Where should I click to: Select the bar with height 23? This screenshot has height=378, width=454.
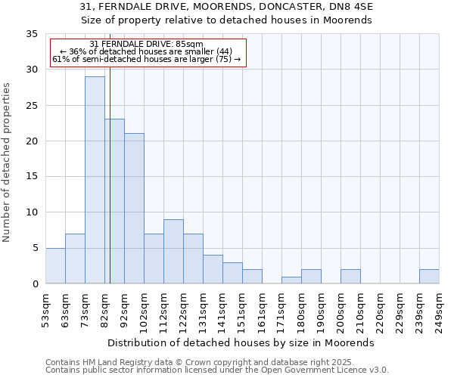point(115,201)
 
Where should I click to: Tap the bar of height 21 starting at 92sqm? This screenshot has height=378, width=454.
point(134,209)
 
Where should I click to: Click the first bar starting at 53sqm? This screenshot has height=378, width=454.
point(55,265)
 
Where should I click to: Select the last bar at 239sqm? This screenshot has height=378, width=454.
point(429,277)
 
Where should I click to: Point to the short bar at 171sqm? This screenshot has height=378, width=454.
point(291,280)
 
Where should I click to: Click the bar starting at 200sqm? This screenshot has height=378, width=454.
point(350,277)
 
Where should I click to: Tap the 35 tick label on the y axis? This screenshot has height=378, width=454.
point(31,34)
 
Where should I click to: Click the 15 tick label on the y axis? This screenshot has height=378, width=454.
point(31,177)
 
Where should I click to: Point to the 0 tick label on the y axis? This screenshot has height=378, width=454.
point(34,284)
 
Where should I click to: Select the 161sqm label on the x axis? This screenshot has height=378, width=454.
point(262,310)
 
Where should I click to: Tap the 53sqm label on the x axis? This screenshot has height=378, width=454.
point(45,310)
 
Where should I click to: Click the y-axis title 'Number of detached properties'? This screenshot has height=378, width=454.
point(8,163)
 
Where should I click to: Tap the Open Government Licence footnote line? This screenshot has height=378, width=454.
point(217,370)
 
